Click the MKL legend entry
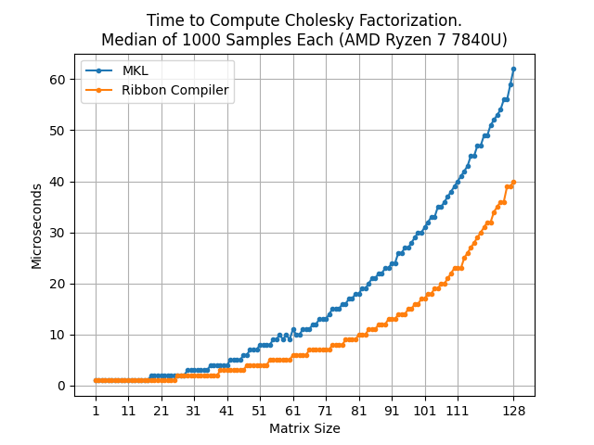136,71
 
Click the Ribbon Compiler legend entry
175,91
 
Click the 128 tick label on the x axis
513,410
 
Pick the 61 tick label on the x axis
292,410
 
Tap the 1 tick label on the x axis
96,410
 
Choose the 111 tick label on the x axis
457,410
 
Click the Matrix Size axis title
304,428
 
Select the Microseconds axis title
37,226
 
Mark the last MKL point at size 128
513,69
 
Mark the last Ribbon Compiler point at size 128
513,182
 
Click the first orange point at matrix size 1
96,380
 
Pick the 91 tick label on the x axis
391,410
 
